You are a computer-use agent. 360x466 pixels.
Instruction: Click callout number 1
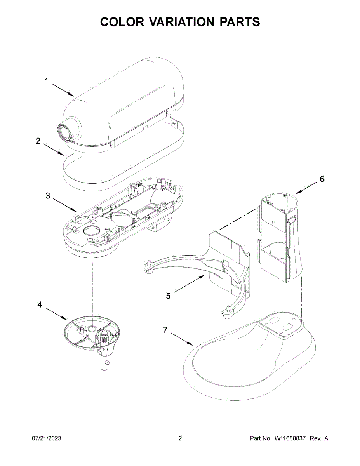click(46, 81)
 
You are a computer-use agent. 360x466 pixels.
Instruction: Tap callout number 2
click(38, 141)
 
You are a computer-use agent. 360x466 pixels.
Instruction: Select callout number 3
click(48, 196)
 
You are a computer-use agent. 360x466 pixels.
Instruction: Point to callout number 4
click(39, 305)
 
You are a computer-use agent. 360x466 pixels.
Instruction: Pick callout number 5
click(168, 296)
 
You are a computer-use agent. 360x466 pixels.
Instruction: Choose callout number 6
click(322, 179)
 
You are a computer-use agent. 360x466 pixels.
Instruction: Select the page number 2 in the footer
click(180, 438)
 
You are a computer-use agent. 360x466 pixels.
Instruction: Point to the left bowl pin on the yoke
click(148, 266)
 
